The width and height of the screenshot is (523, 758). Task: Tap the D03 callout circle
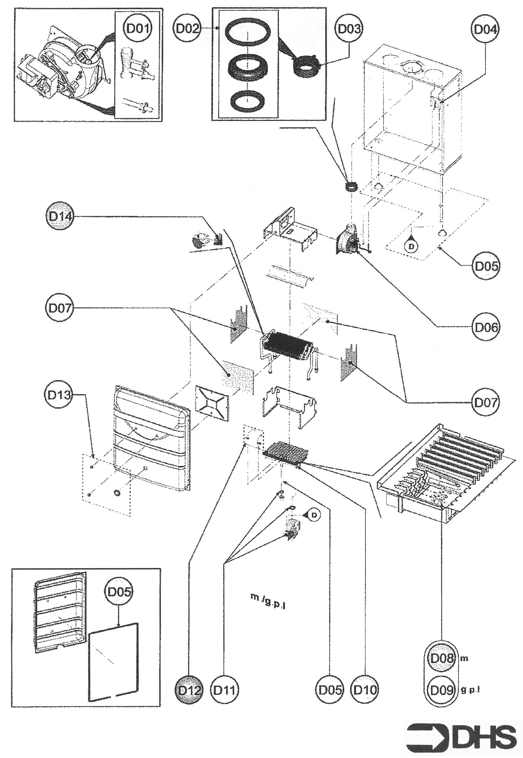point(349,28)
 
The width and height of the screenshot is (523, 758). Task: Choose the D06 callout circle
point(486,327)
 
